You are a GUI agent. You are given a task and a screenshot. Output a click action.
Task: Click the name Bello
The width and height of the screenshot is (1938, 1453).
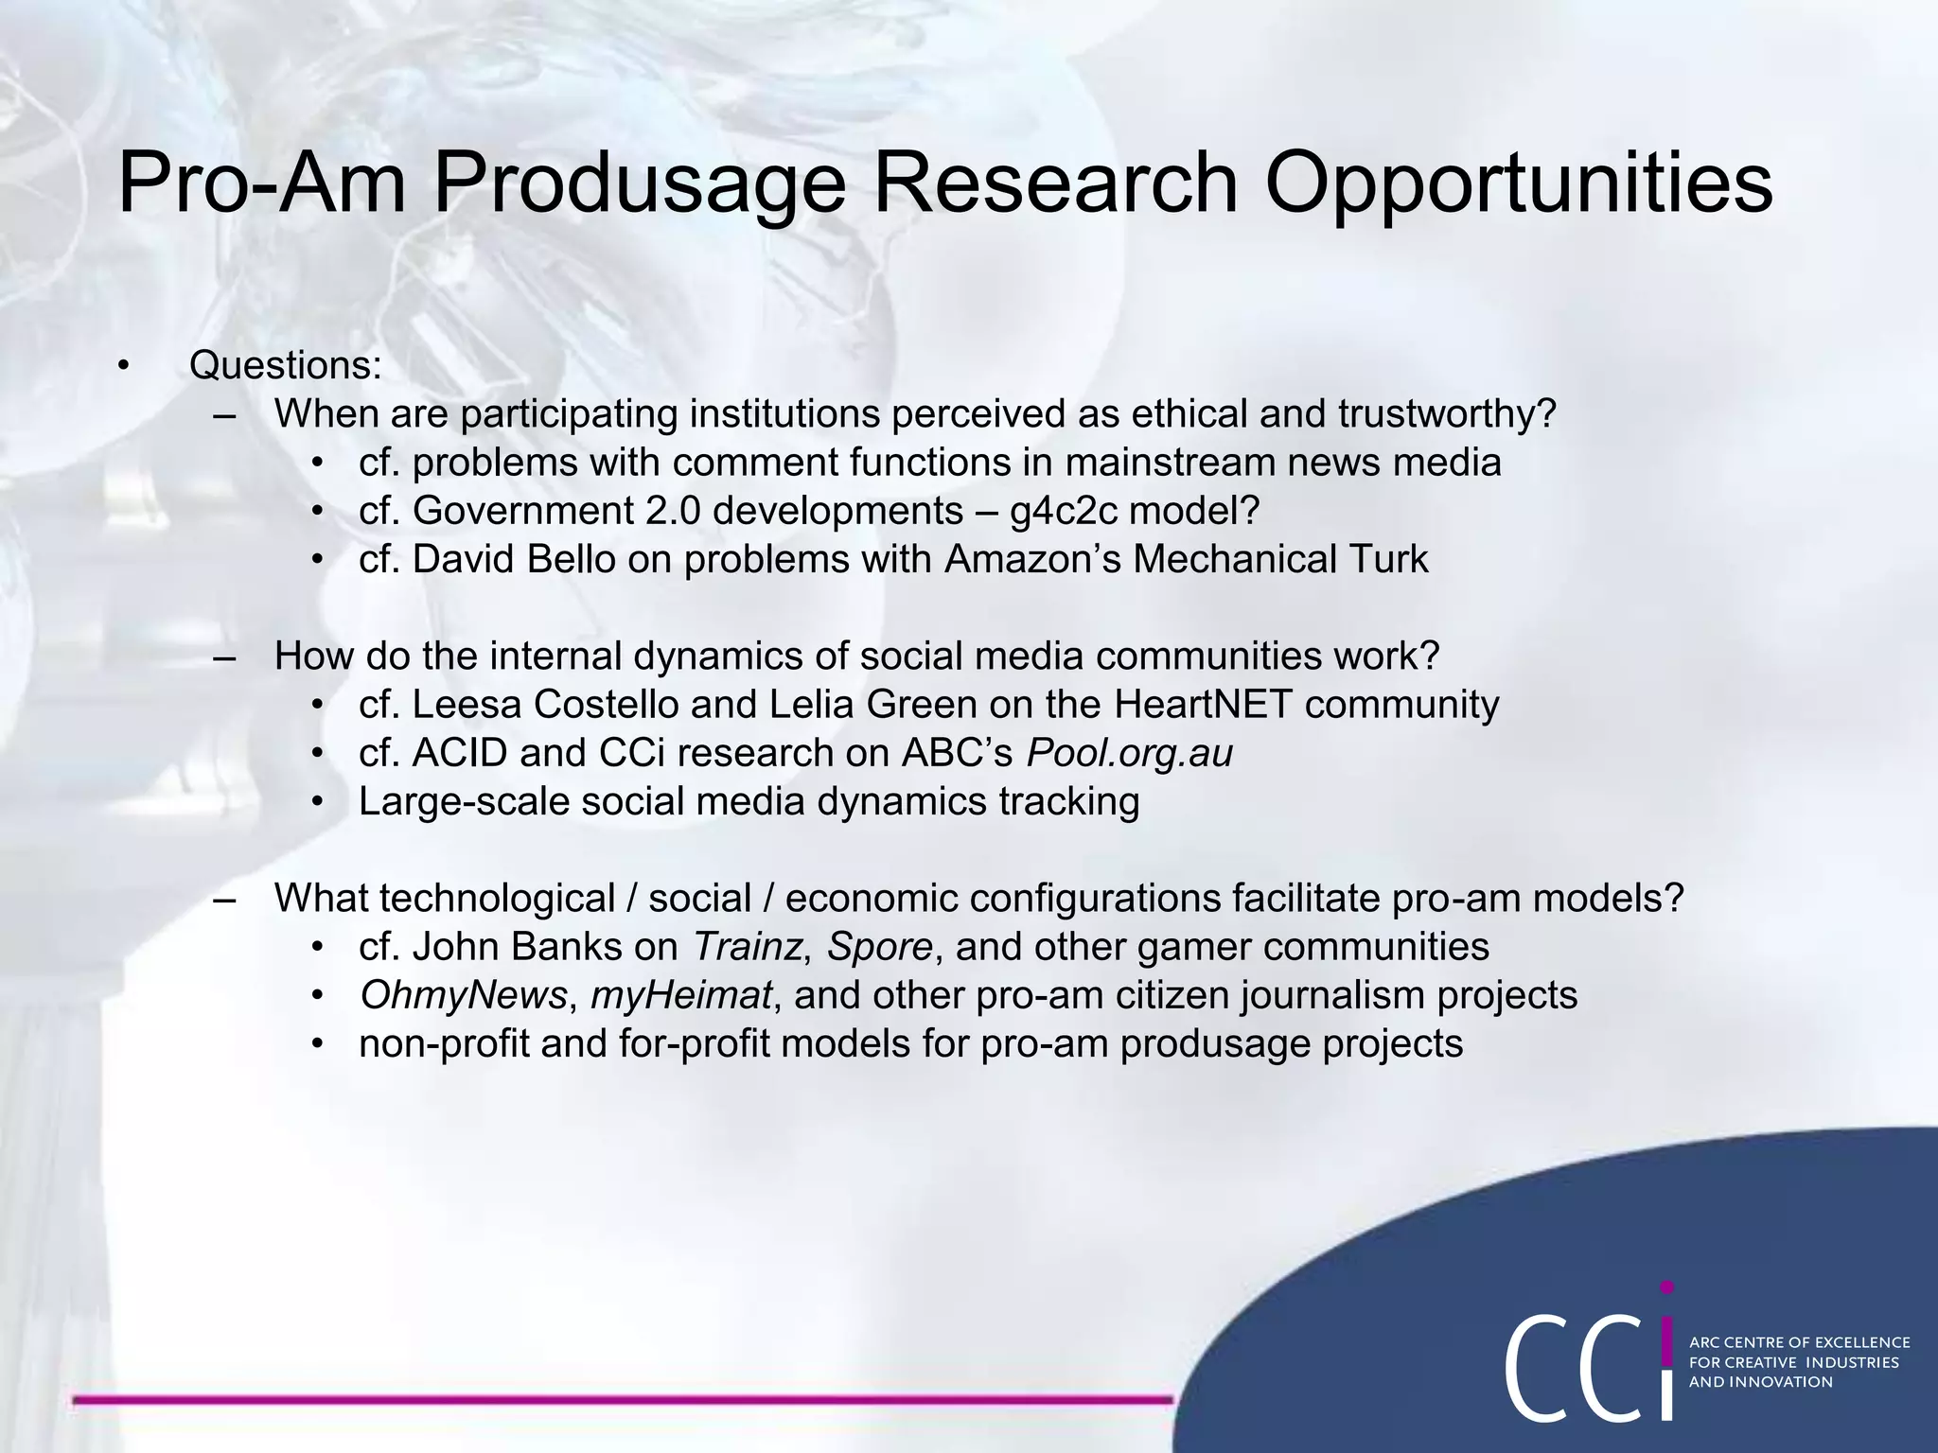(x=572, y=559)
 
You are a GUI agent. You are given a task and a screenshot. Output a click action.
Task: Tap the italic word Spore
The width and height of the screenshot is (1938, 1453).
(x=880, y=947)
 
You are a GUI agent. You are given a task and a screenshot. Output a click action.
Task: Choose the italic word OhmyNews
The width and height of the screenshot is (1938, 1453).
(x=463, y=995)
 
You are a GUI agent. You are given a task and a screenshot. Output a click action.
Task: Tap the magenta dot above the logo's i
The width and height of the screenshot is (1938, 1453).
(x=1667, y=1287)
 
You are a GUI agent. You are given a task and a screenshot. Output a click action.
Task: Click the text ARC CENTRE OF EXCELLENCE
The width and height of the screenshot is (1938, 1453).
(x=1799, y=1342)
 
